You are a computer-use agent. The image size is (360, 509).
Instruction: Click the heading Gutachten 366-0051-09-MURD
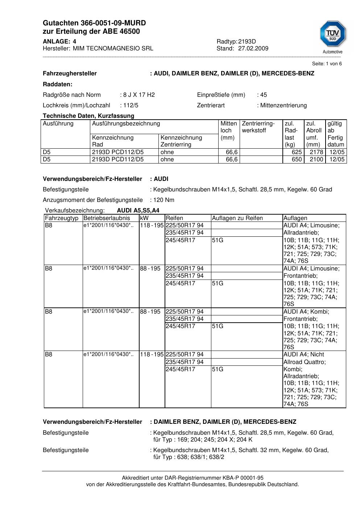(94, 23)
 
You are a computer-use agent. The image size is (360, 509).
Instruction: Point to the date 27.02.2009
(253, 49)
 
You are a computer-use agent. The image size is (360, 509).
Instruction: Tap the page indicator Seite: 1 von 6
(327, 64)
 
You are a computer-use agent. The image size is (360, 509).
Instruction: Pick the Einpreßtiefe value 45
(264, 95)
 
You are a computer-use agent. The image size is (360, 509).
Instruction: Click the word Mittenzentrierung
(284, 105)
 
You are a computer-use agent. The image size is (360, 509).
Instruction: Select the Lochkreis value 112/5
(131, 105)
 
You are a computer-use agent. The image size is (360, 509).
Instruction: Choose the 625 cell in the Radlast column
(297, 152)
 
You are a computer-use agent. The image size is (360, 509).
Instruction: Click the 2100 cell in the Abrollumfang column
(316, 160)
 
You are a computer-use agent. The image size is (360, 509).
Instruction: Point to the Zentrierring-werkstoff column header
(258, 127)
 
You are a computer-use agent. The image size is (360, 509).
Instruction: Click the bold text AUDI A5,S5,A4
(138, 211)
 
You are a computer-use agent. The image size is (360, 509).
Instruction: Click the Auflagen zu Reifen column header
(237, 218)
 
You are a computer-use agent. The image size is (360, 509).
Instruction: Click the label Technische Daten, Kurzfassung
(88, 116)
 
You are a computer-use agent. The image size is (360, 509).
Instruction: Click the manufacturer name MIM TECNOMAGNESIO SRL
(113, 49)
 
